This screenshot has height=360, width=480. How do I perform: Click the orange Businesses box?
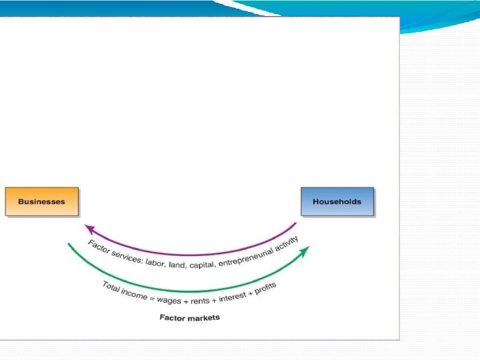(41, 201)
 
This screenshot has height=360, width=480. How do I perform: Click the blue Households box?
(337, 201)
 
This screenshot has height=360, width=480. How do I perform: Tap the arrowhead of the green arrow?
(305, 250)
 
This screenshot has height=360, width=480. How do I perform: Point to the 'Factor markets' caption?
(189, 317)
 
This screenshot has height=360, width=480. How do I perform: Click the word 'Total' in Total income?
(111, 287)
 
